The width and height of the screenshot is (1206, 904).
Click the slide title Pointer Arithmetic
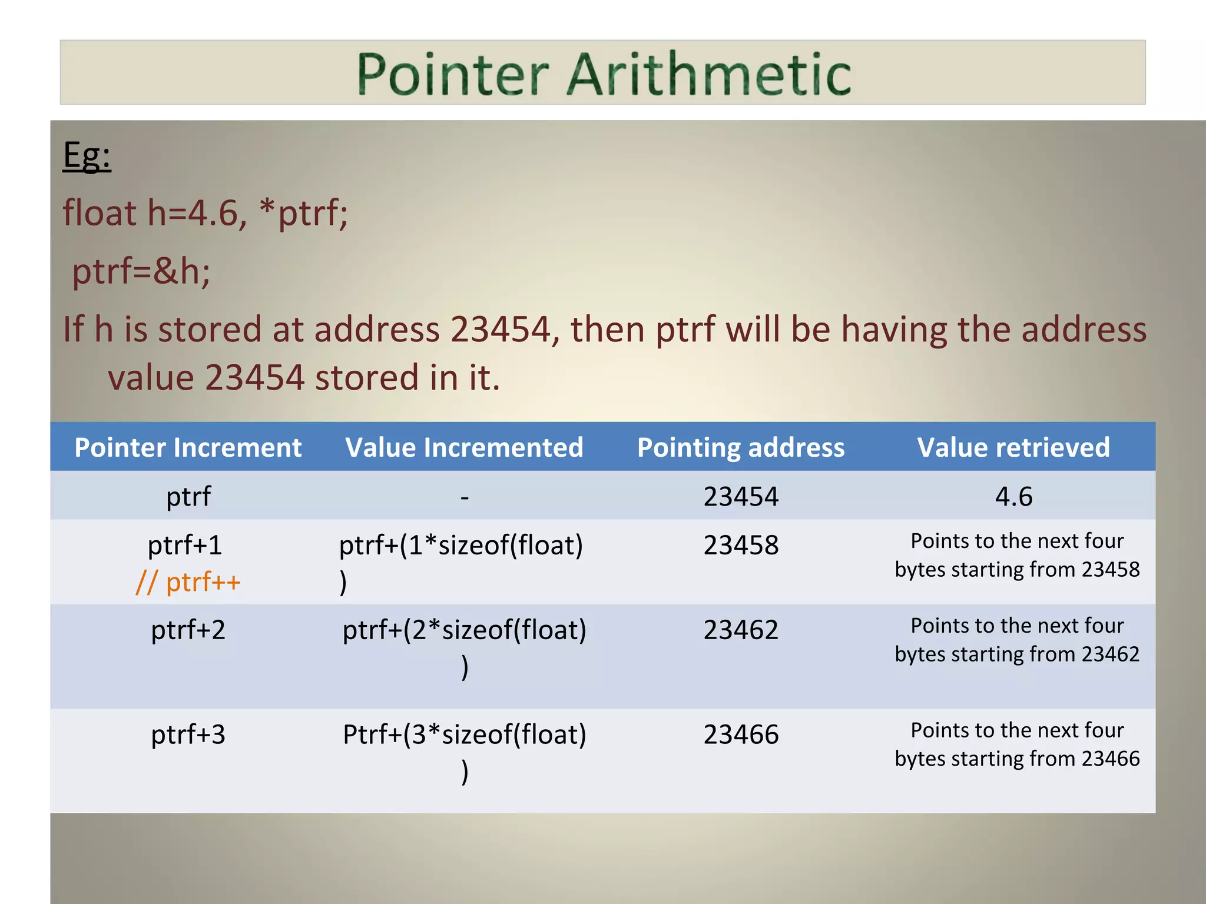604,74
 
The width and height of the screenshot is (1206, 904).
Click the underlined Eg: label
87,157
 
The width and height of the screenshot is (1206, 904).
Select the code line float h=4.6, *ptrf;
206,213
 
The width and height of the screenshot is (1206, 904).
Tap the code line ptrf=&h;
141,272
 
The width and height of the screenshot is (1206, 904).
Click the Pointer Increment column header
188,447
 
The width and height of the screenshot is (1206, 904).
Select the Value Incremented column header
464,447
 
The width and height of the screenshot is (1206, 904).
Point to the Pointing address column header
741,447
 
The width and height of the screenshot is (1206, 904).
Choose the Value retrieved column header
1013,447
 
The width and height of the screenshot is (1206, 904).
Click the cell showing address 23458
741,545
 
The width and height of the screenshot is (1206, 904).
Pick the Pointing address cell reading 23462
741,630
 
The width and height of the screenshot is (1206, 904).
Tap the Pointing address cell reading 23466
741,734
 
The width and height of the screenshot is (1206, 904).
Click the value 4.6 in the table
1013,497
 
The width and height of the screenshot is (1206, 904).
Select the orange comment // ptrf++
188,583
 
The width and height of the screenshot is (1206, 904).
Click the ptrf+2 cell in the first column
188,630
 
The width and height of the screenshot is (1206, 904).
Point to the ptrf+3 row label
188,734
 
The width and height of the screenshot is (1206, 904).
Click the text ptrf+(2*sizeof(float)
465,630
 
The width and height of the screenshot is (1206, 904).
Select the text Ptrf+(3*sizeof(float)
465,734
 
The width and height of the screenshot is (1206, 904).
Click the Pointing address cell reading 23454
741,497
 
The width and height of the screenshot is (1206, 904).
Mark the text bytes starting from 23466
1017,759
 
